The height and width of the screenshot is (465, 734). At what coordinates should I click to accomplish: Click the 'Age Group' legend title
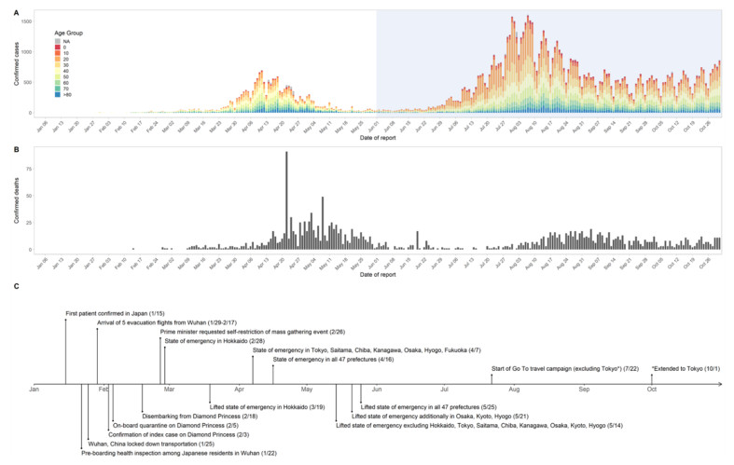pos(70,33)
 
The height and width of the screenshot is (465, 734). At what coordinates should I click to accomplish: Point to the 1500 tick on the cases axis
pos(25,20)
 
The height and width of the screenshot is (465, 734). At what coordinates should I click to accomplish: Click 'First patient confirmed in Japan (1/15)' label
pos(114,312)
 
